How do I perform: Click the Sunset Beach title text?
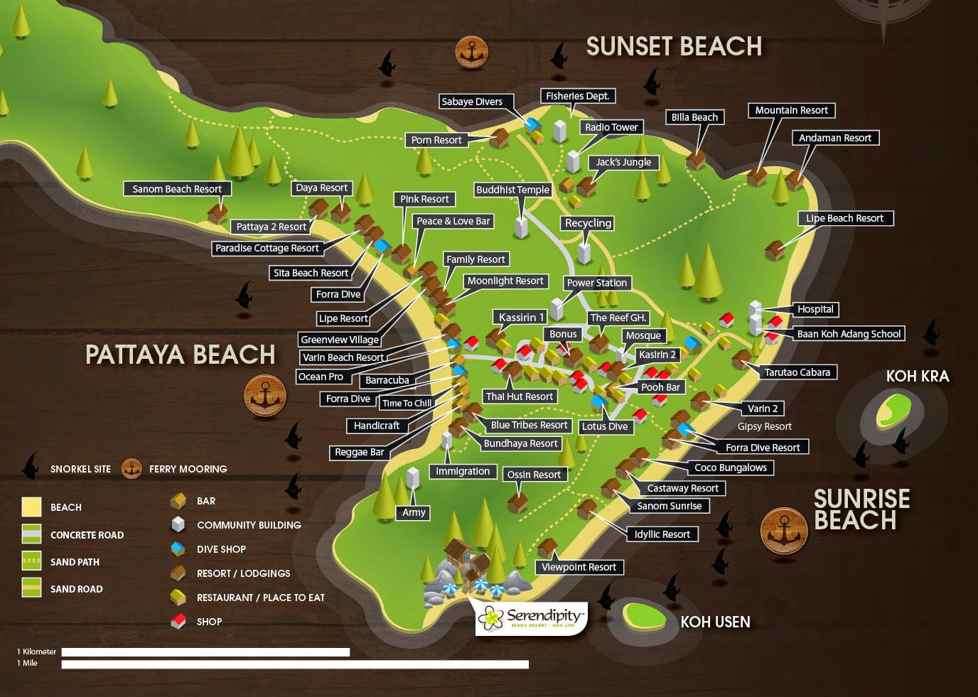pos(673,47)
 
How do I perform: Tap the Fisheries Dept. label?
pos(577,96)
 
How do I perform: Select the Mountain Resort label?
pos(791,110)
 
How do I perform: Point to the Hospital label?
pos(815,309)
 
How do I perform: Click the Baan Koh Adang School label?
pos(849,334)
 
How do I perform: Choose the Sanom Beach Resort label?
pos(177,189)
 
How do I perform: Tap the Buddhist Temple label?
pos(512,190)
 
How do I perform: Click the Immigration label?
pos(463,471)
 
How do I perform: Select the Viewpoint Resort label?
pos(579,567)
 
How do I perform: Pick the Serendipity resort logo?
pos(532,617)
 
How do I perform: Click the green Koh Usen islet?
pos(644,615)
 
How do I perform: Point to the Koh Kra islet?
pos(893,410)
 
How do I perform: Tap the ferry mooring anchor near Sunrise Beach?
pos(783,530)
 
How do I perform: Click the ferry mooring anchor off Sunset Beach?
pos(471,52)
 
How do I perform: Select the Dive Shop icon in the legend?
pos(178,549)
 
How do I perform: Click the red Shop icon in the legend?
pos(178,622)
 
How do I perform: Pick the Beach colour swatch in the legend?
pos(31,507)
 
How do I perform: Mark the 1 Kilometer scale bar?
pos(205,652)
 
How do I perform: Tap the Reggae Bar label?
pos(359,452)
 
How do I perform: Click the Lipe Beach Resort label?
pos(844,218)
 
